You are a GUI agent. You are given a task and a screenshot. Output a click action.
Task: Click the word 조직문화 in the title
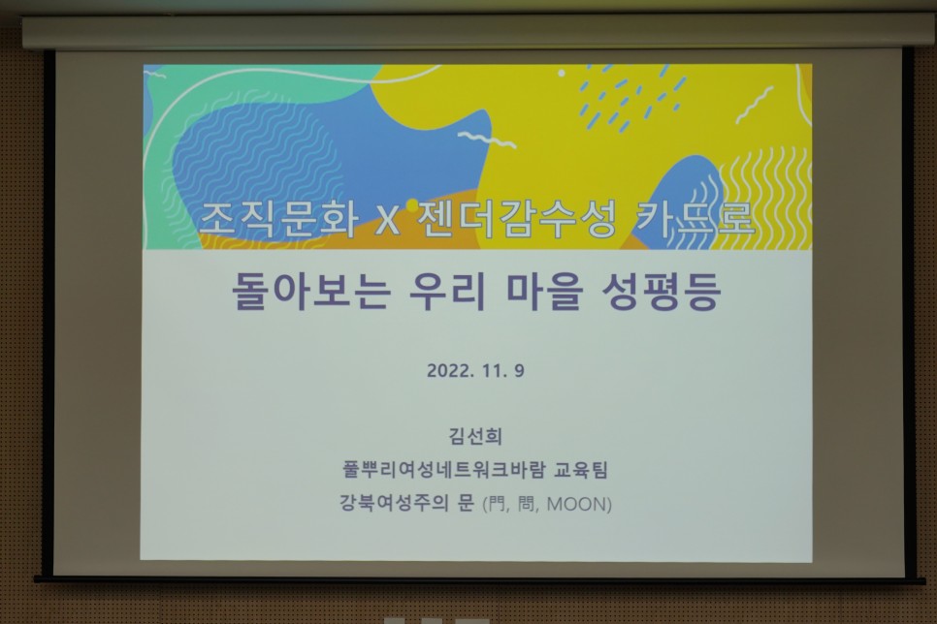(279, 220)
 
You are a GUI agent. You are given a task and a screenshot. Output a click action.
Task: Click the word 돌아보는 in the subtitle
(310, 291)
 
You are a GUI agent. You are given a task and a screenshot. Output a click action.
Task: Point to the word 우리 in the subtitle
(447, 291)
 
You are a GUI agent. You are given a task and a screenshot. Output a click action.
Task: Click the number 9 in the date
(519, 371)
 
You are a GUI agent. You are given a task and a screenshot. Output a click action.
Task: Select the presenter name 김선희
(475, 436)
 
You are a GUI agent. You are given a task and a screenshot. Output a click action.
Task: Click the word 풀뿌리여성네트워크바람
(444, 470)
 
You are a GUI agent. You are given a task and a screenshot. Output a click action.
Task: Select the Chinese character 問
(527, 505)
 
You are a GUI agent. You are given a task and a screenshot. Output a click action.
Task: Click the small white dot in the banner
(561, 73)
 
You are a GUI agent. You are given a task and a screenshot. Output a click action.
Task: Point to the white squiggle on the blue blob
(486, 140)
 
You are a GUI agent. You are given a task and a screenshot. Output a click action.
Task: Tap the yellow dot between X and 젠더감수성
(411, 204)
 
